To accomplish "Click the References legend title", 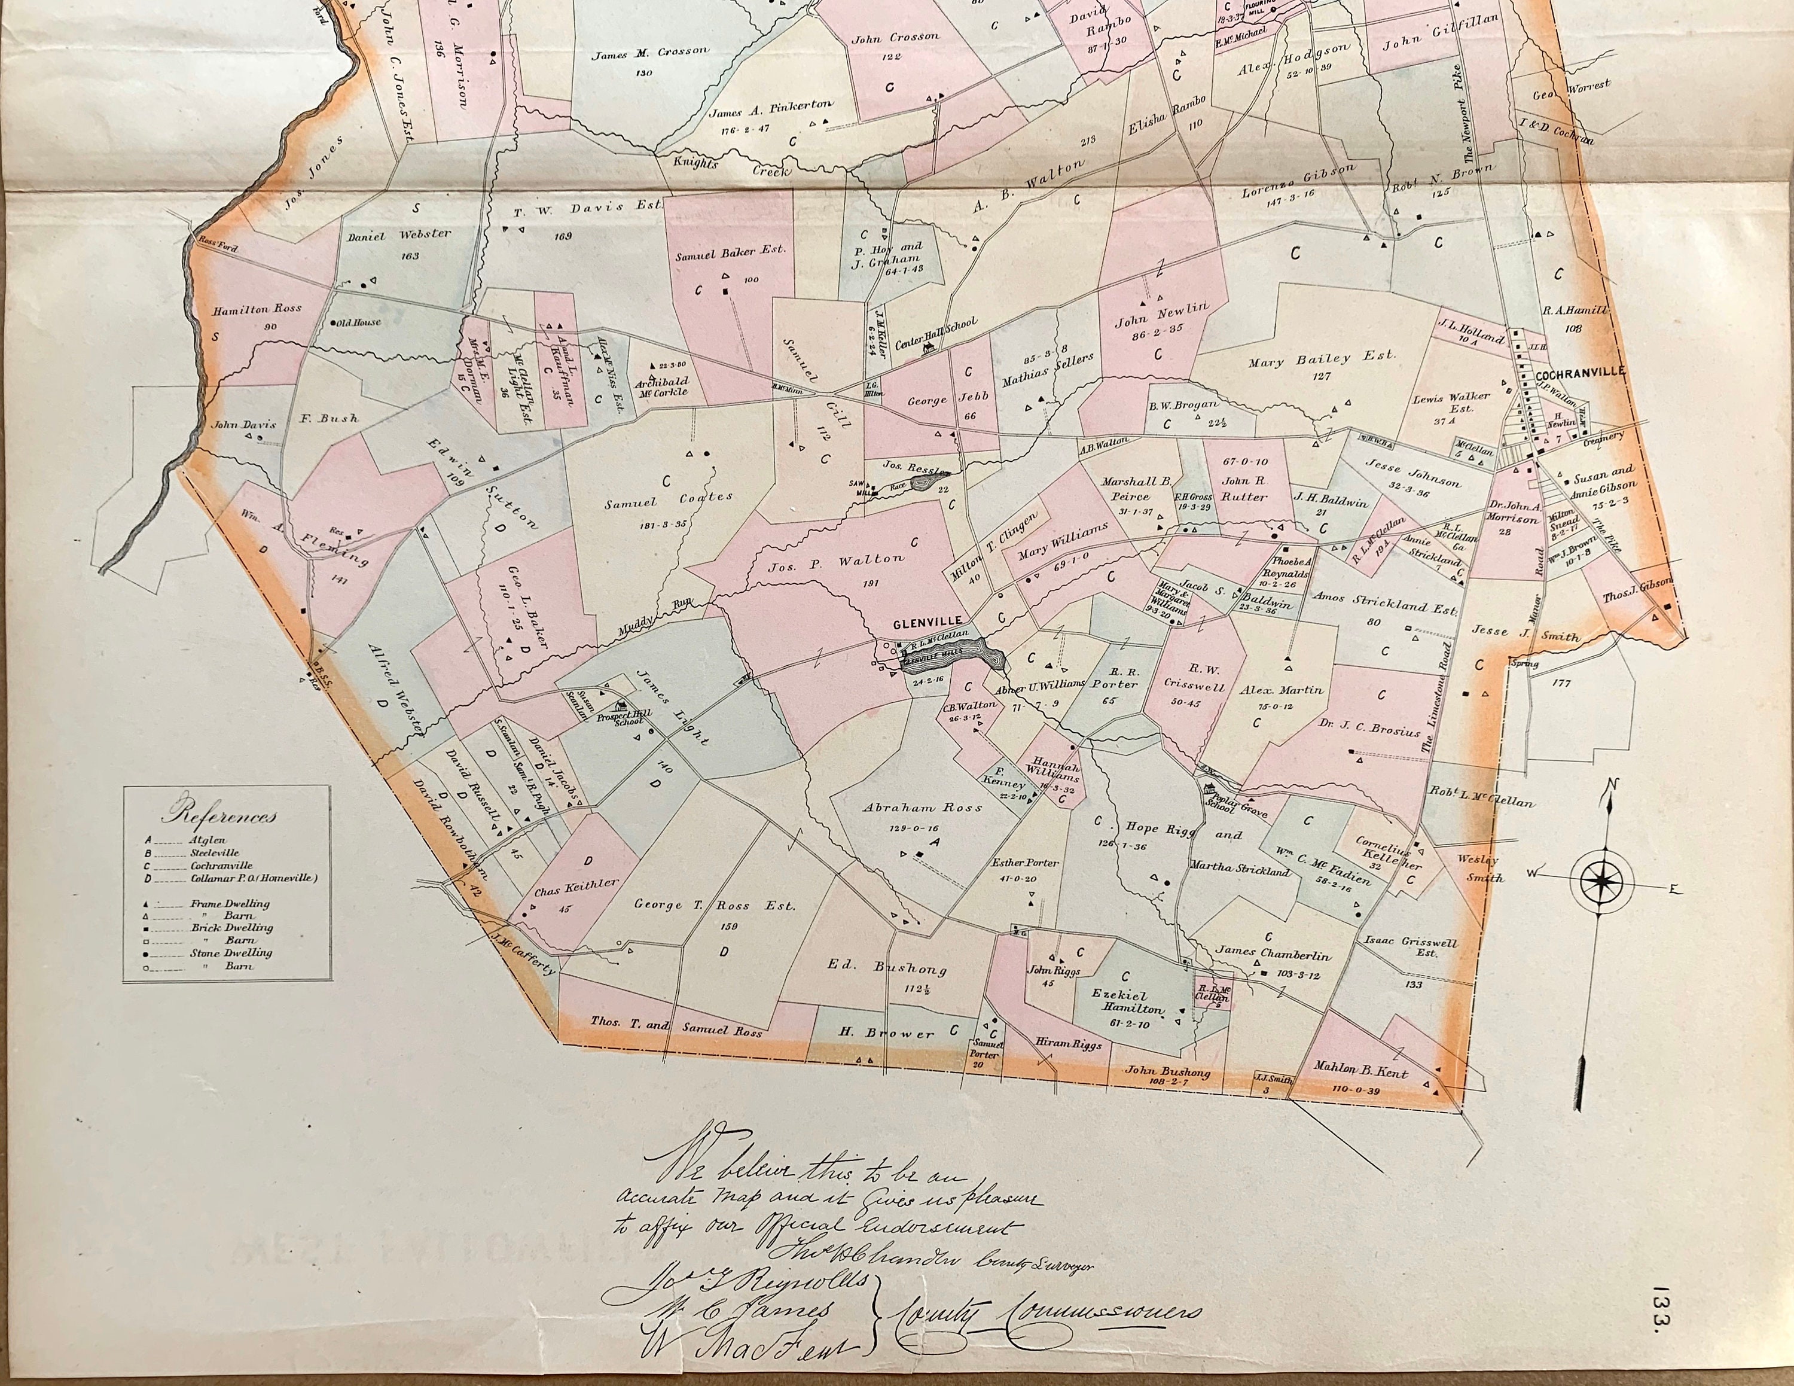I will pyautogui.click(x=219, y=816).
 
